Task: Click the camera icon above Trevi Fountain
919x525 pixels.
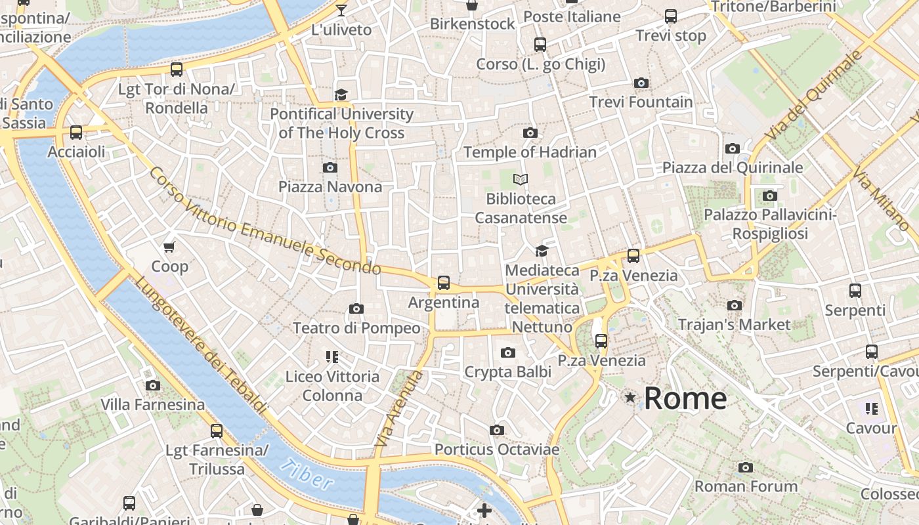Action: click(x=641, y=83)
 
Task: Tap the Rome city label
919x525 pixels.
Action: click(x=685, y=398)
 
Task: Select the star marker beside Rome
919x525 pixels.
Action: click(x=631, y=398)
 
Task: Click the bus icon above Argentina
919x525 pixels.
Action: click(x=444, y=283)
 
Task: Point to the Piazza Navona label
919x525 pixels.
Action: click(x=330, y=187)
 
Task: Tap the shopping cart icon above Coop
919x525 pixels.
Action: click(x=169, y=247)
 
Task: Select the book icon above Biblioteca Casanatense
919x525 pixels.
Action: click(x=521, y=179)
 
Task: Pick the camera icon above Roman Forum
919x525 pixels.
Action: click(x=745, y=468)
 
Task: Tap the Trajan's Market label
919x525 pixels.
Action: click(x=734, y=325)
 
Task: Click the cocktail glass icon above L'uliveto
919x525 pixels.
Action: click(x=341, y=10)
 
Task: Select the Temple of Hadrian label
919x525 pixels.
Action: click(x=530, y=152)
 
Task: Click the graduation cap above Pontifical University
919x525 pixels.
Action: click(x=341, y=95)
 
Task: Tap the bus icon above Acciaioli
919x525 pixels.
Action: click(x=76, y=133)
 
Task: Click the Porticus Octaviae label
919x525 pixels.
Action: click(x=497, y=450)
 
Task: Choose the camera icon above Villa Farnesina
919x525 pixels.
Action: click(x=153, y=385)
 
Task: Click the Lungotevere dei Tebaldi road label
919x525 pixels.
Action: click(x=201, y=345)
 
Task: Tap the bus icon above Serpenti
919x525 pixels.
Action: click(x=855, y=291)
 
